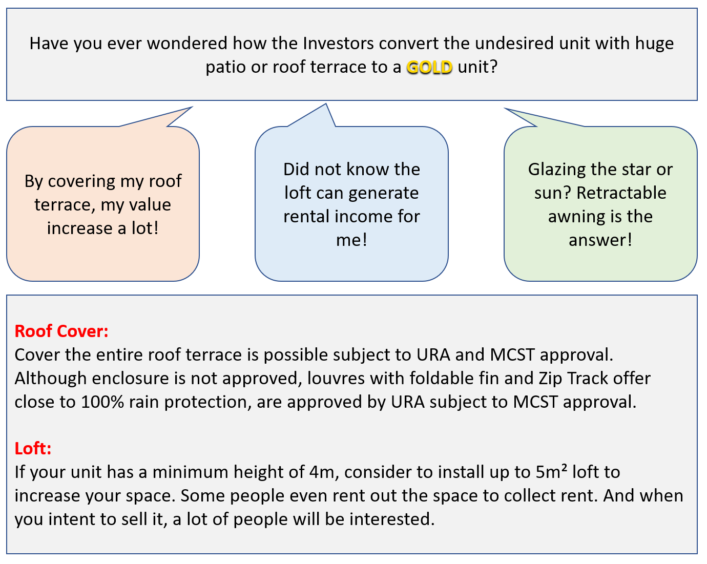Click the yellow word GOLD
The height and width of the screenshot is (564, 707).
[x=429, y=67]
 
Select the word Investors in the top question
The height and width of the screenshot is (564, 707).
[x=338, y=43]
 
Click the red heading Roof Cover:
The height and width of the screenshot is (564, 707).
[x=61, y=331]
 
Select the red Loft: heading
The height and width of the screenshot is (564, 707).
[x=33, y=448]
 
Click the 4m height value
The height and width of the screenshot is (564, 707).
[x=322, y=472]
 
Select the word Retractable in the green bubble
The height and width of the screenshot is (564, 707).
[x=621, y=193]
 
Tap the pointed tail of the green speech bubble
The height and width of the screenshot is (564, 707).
[x=512, y=112]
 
